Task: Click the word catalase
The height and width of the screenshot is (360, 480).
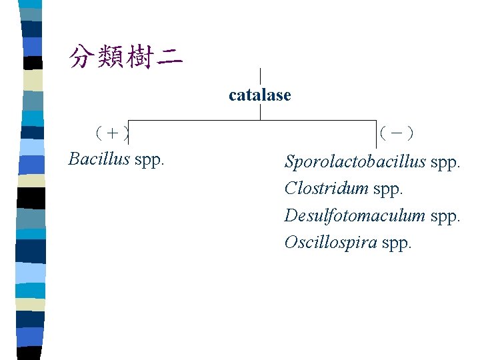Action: click(x=259, y=95)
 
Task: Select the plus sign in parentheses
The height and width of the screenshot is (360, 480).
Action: click(x=112, y=133)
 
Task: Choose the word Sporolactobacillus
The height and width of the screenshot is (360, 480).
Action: click(x=355, y=161)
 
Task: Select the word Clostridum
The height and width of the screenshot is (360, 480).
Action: click(x=326, y=188)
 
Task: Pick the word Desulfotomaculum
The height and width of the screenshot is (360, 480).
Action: click(x=355, y=215)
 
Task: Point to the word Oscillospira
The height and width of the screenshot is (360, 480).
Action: click(x=331, y=242)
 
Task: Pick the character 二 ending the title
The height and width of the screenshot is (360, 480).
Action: click(x=171, y=57)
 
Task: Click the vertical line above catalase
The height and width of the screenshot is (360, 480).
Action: click(x=260, y=76)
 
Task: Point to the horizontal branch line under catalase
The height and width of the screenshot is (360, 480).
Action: click(x=200, y=120)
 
